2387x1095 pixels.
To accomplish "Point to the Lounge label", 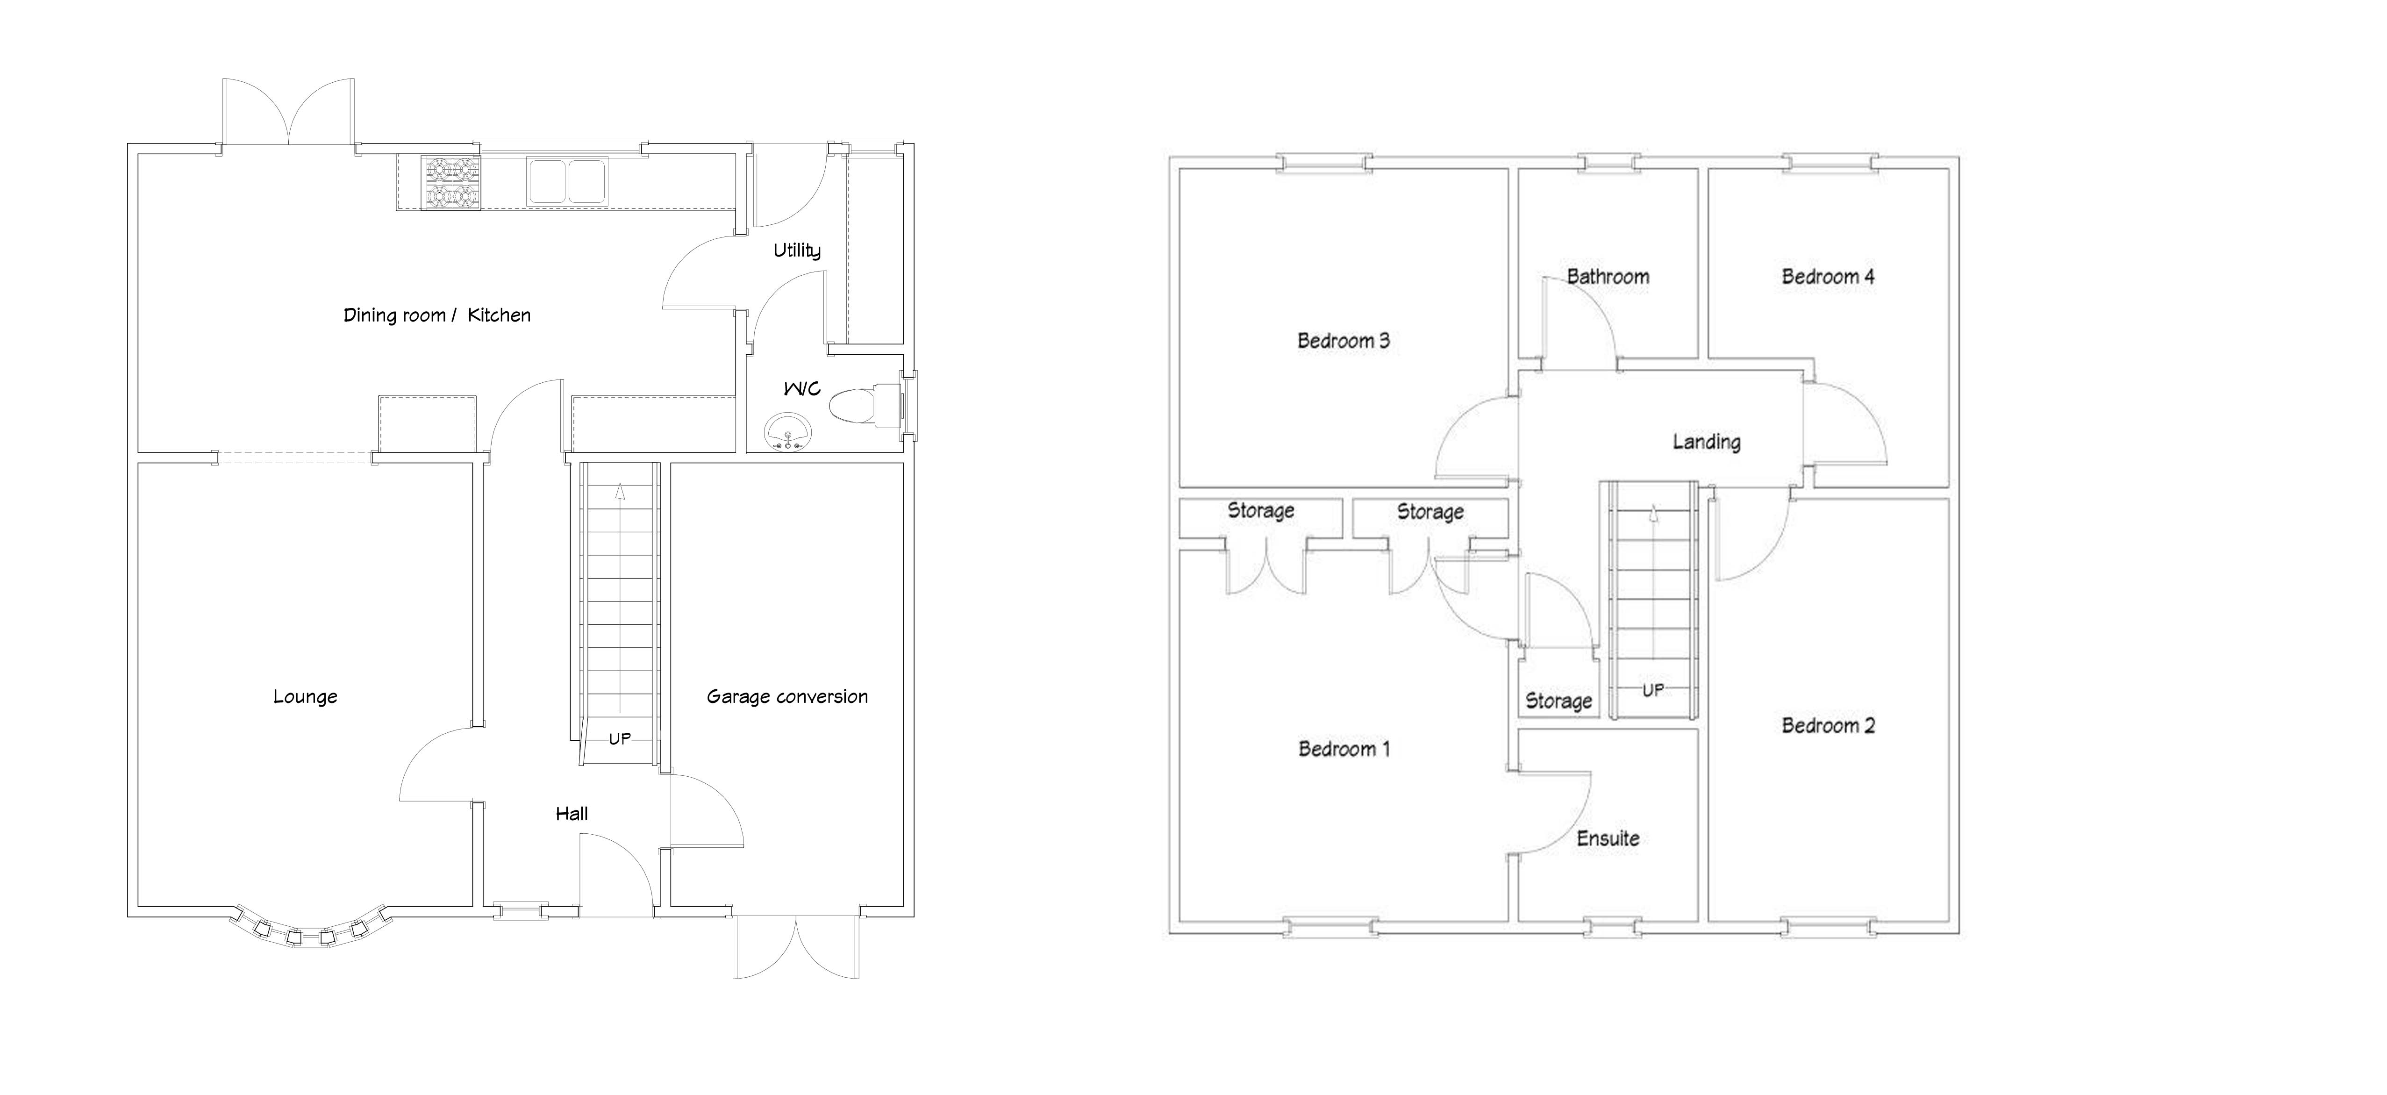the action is click(x=305, y=697).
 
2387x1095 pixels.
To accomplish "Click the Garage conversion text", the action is click(x=786, y=697).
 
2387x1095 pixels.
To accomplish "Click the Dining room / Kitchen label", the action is click(x=436, y=315).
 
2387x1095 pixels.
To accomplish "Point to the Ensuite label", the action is click(x=1608, y=838).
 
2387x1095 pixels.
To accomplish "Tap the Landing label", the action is click(x=1706, y=442).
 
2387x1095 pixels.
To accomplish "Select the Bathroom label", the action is click(x=1608, y=276).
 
